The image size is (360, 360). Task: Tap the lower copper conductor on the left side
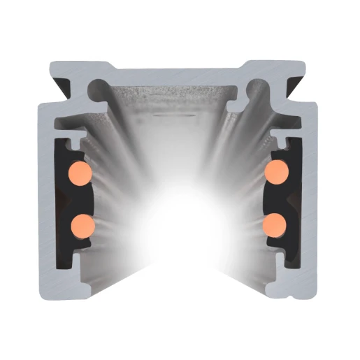(x=82, y=224)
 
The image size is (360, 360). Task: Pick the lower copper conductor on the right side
(x=275, y=223)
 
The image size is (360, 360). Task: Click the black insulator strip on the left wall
(x=62, y=203)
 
